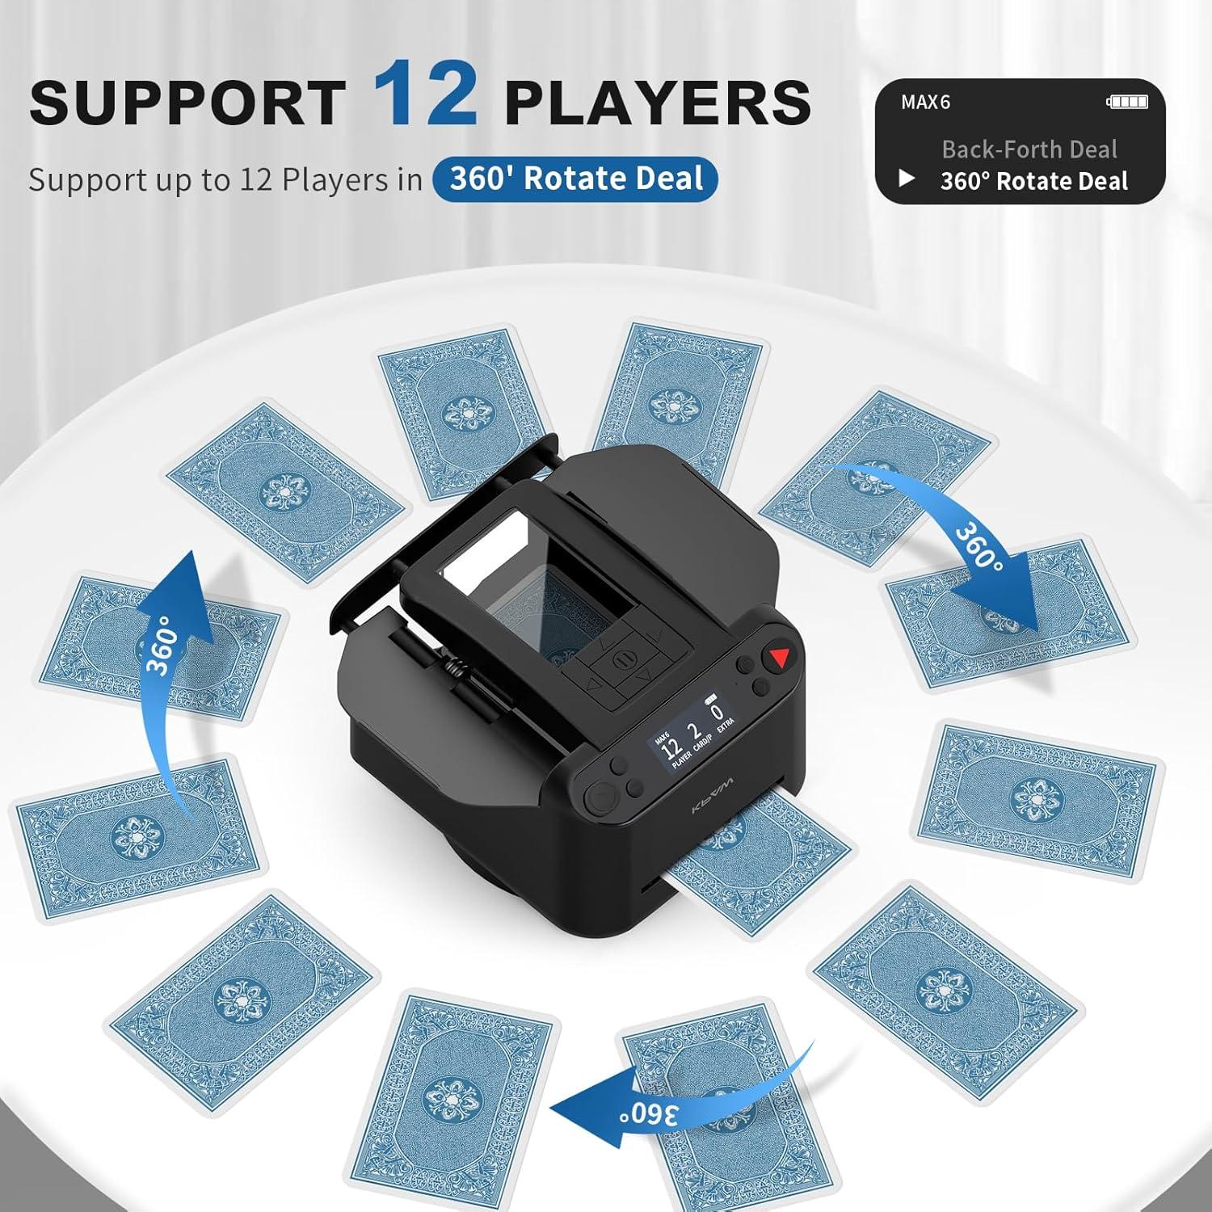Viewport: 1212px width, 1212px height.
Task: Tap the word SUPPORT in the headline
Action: tap(187, 103)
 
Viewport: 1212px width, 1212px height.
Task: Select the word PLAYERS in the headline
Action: tap(657, 103)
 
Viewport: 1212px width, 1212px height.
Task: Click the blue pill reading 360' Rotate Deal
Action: tap(574, 179)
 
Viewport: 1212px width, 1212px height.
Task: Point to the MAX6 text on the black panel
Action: tap(925, 102)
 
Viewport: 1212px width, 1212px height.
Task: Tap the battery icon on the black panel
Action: tap(1127, 102)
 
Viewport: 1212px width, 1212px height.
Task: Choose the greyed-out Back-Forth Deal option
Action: tap(1029, 149)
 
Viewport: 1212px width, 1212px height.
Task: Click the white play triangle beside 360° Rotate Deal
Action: tap(907, 179)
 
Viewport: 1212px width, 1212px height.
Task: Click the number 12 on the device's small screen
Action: tap(671, 749)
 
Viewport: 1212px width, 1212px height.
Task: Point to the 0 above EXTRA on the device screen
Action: tap(717, 714)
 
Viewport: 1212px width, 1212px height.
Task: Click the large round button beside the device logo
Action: tap(600, 798)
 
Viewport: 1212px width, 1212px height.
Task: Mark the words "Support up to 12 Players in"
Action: tap(225, 179)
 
